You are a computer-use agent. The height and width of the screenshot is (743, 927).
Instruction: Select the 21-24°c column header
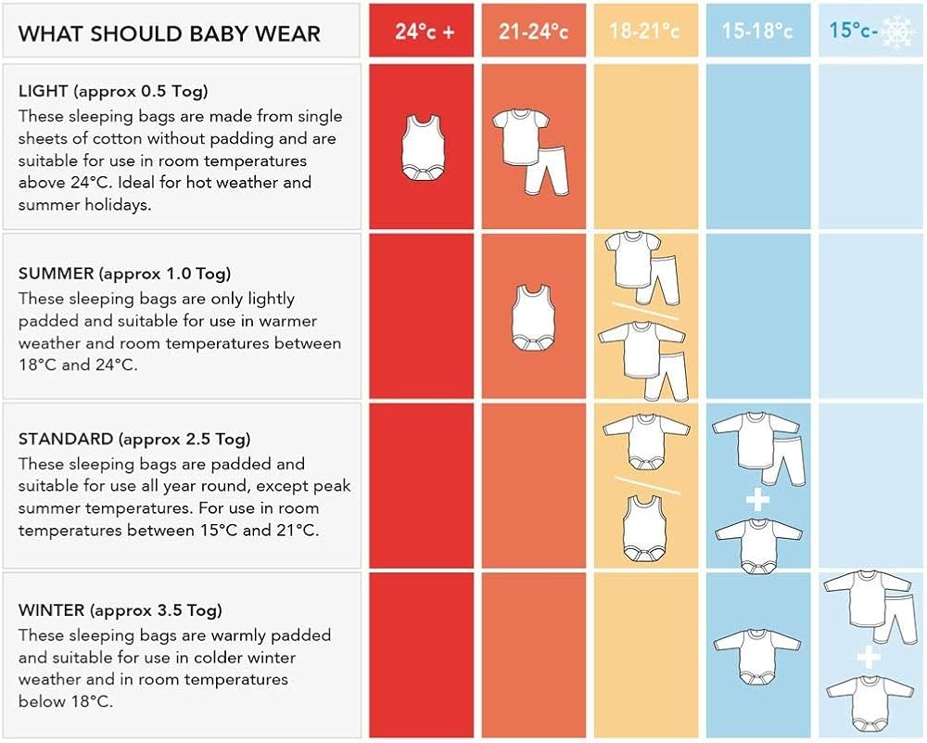click(533, 32)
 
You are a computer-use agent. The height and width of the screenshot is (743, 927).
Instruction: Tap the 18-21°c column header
click(644, 32)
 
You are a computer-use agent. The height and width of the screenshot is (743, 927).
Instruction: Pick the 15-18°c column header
click(757, 32)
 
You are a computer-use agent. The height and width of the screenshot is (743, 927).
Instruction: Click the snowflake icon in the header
click(898, 32)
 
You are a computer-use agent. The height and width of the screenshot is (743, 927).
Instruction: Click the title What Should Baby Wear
click(170, 34)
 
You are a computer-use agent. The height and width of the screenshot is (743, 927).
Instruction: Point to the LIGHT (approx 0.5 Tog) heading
click(113, 91)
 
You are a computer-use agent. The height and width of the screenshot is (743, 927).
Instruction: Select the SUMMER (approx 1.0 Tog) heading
click(124, 274)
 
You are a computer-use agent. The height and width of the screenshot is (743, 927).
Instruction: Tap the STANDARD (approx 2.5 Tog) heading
click(134, 439)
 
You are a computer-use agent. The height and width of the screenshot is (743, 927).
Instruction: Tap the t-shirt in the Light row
click(520, 135)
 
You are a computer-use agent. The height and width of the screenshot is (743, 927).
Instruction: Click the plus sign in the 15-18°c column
click(757, 501)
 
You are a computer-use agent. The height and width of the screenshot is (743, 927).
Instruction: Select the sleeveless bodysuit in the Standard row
click(646, 531)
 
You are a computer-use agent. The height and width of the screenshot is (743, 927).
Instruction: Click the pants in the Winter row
click(892, 620)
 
